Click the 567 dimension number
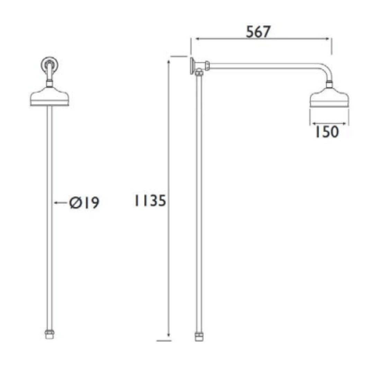click(x=258, y=32)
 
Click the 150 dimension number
click(x=327, y=132)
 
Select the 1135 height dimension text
click(x=150, y=201)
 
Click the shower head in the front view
click(x=49, y=97)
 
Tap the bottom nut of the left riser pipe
click(x=49, y=335)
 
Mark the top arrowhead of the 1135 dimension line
click(x=169, y=61)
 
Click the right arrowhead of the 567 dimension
click(x=329, y=39)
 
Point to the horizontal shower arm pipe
click(x=263, y=65)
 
